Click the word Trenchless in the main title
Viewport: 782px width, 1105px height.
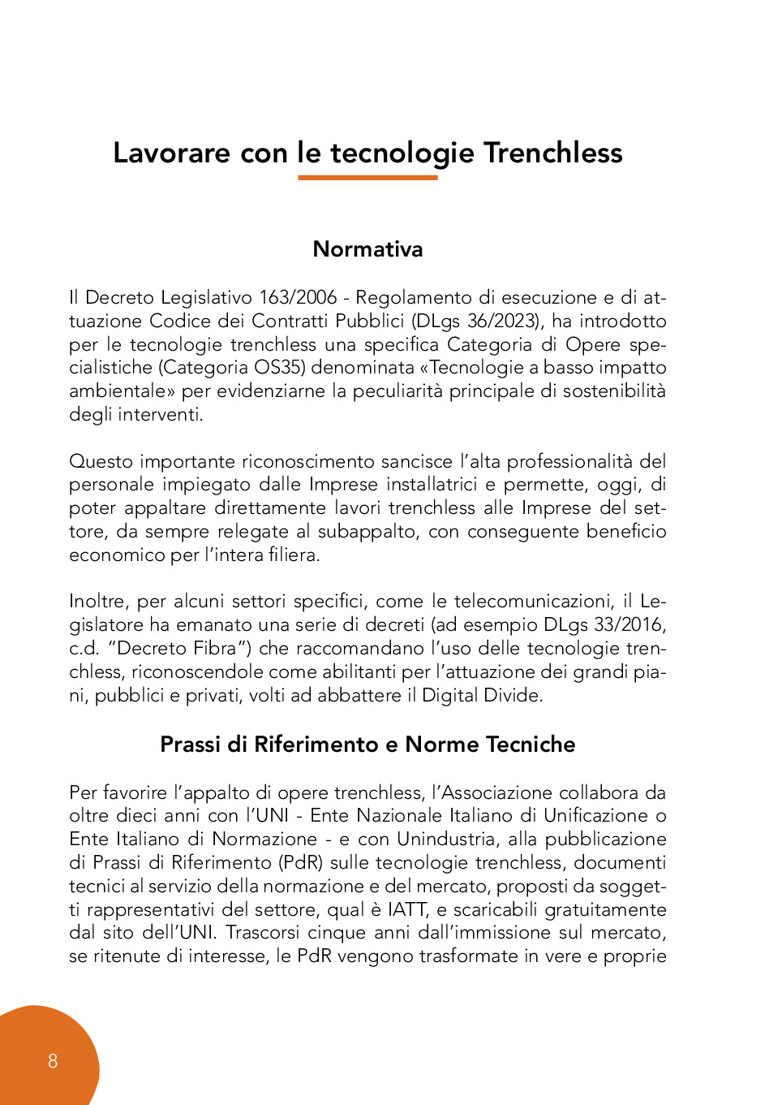pos(552,153)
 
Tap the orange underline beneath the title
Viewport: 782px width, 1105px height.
pos(367,177)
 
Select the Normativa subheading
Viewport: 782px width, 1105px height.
pos(367,248)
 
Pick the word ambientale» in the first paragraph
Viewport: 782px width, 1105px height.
pos(122,391)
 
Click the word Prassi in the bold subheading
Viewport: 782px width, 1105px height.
pos(190,745)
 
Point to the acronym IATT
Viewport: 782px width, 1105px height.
pos(406,909)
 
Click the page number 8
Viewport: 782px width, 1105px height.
pos(53,1060)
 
